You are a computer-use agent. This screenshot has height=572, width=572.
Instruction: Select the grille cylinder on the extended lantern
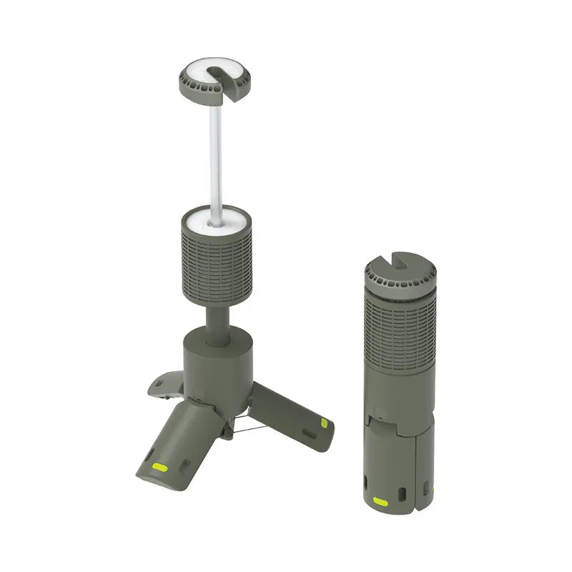click(x=214, y=261)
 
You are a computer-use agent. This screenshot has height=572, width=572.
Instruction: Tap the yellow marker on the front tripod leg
click(x=161, y=468)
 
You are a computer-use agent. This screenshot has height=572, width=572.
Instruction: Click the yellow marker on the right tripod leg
click(x=324, y=423)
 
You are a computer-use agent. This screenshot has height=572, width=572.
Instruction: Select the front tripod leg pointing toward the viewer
click(x=179, y=447)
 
